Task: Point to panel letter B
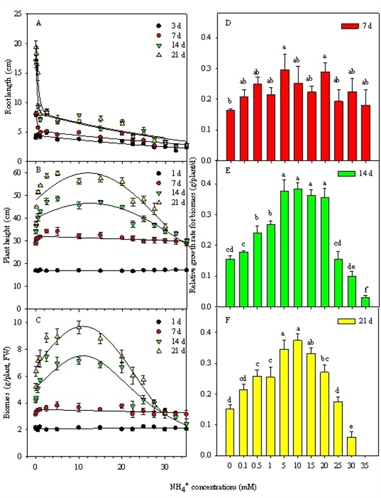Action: pos(38,170)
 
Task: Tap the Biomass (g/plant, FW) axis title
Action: pos(7,381)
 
